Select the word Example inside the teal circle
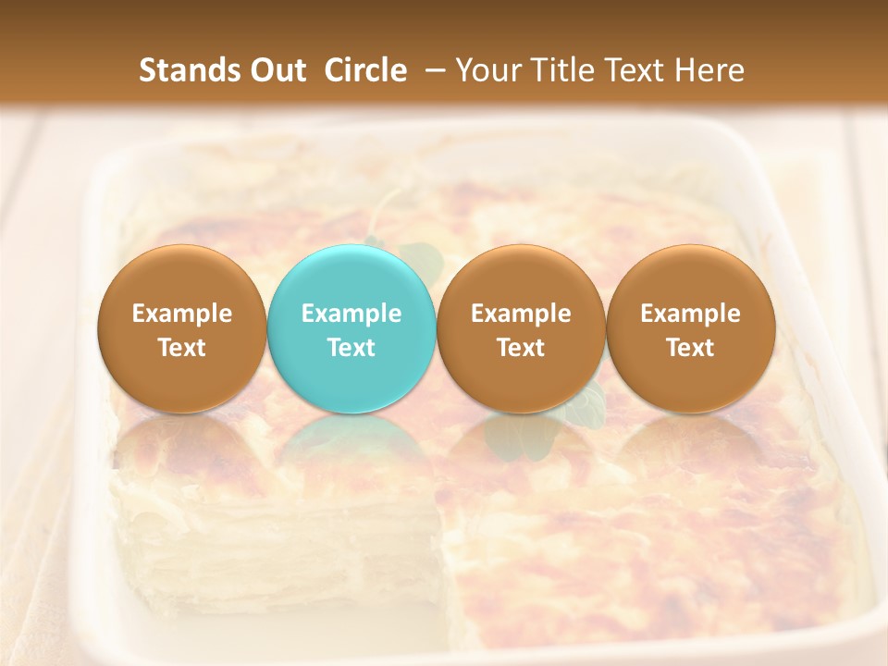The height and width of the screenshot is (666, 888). [x=351, y=314]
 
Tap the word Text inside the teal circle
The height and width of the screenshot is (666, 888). [x=351, y=348]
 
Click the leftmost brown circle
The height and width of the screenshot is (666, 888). [x=181, y=329]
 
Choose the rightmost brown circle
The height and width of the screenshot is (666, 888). [x=690, y=329]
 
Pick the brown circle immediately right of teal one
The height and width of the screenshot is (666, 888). [x=521, y=329]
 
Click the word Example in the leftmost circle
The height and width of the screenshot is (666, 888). [x=181, y=314]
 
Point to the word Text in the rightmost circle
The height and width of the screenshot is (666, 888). [x=690, y=348]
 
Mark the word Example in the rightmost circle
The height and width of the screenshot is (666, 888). [x=690, y=314]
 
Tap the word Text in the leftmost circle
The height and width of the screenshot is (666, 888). [x=181, y=348]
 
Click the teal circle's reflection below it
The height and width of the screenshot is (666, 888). [x=351, y=444]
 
